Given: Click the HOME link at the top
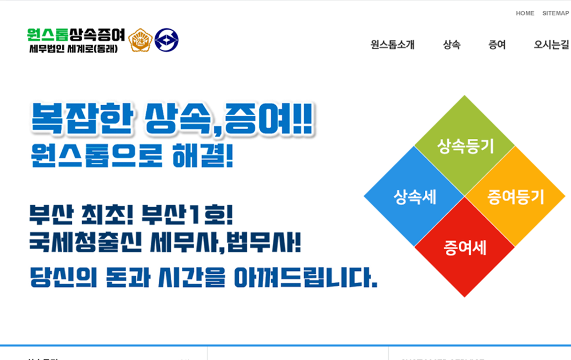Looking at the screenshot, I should click(525, 13).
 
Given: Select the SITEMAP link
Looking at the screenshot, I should click(555, 13).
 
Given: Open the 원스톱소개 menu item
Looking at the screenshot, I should click(392, 45).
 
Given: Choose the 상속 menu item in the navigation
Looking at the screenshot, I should click(452, 45).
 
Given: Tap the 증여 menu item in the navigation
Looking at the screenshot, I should click(497, 45).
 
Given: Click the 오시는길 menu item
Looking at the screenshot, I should click(551, 45).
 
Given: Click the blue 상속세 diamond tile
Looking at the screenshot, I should click(415, 197).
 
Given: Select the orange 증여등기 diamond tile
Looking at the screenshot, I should click(515, 197).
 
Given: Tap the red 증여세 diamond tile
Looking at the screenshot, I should click(465, 247).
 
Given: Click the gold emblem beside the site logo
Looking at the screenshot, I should click(140, 40).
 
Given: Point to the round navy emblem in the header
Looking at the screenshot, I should click(166, 40).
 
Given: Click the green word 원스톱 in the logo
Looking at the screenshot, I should click(47, 35).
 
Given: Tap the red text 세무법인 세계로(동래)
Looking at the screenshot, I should click(73, 49).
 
